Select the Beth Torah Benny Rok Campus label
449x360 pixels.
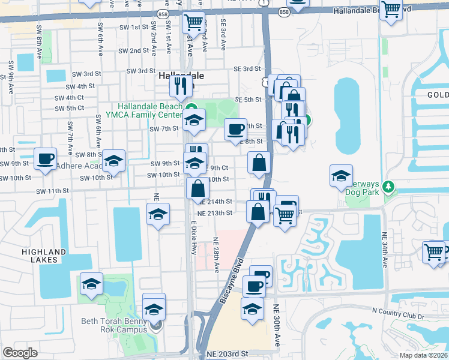pos(114,325)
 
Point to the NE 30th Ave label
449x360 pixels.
pos(277,324)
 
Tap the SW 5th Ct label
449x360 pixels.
pos(69,108)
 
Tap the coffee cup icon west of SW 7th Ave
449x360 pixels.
pos(45,158)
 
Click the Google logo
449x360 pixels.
pos(20,353)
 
